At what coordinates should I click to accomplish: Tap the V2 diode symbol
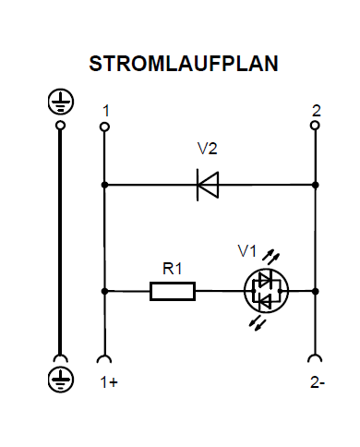(208, 185)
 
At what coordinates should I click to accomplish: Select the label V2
(208, 149)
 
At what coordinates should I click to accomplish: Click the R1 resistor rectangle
(173, 291)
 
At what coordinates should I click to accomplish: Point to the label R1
(173, 269)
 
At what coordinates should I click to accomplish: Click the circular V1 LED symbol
(266, 291)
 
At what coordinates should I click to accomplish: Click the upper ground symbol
(60, 100)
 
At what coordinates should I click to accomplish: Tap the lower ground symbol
(60, 380)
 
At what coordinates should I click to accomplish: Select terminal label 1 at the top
(106, 110)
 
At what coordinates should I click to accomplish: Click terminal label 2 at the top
(317, 110)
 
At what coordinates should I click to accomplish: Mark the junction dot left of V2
(104, 185)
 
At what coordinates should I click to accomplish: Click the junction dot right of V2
(316, 185)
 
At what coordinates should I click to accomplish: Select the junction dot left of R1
(104, 291)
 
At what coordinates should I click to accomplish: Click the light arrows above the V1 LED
(270, 253)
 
